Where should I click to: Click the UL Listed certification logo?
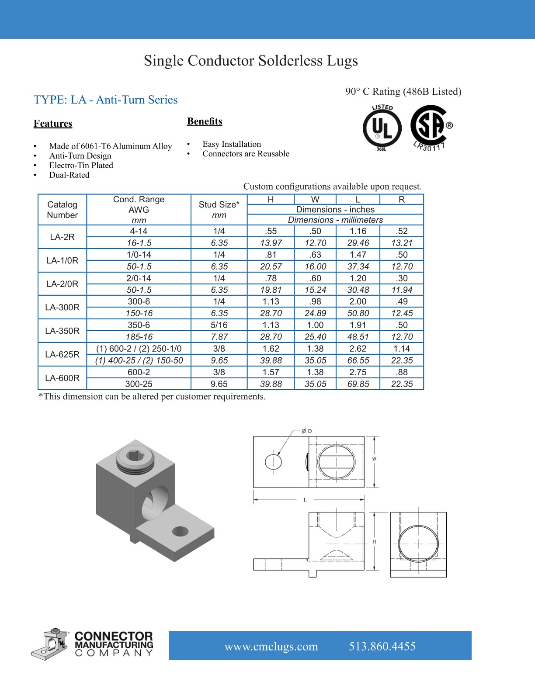click(382, 128)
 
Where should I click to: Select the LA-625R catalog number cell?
click(63, 354)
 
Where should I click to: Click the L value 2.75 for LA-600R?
click(358, 372)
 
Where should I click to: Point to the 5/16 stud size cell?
click(219, 325)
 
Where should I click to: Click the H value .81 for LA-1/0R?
click(271, 255)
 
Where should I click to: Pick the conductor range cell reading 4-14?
click(139, 231)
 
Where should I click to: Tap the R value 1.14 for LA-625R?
click(402, 349)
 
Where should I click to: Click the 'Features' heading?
click(53, 124)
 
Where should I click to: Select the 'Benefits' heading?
click(205, 121)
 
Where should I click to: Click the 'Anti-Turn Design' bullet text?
click(80, 156)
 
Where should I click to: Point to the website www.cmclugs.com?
click(271, 647)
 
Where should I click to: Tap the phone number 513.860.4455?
click(382, 647)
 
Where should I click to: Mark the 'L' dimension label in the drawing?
click(305, 500)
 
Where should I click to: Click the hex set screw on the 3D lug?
click(134, 457)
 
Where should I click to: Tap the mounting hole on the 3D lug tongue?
click(180, 531)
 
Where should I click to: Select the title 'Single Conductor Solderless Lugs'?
click(251, 61)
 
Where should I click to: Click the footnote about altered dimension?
click(152, 397)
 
